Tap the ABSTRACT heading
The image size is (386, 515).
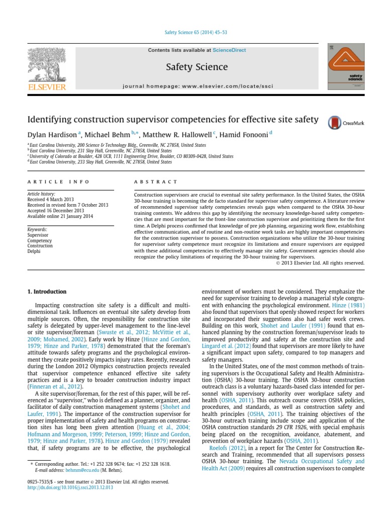click(x=156, y=182)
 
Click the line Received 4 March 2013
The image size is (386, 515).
click(x=48, y=199)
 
